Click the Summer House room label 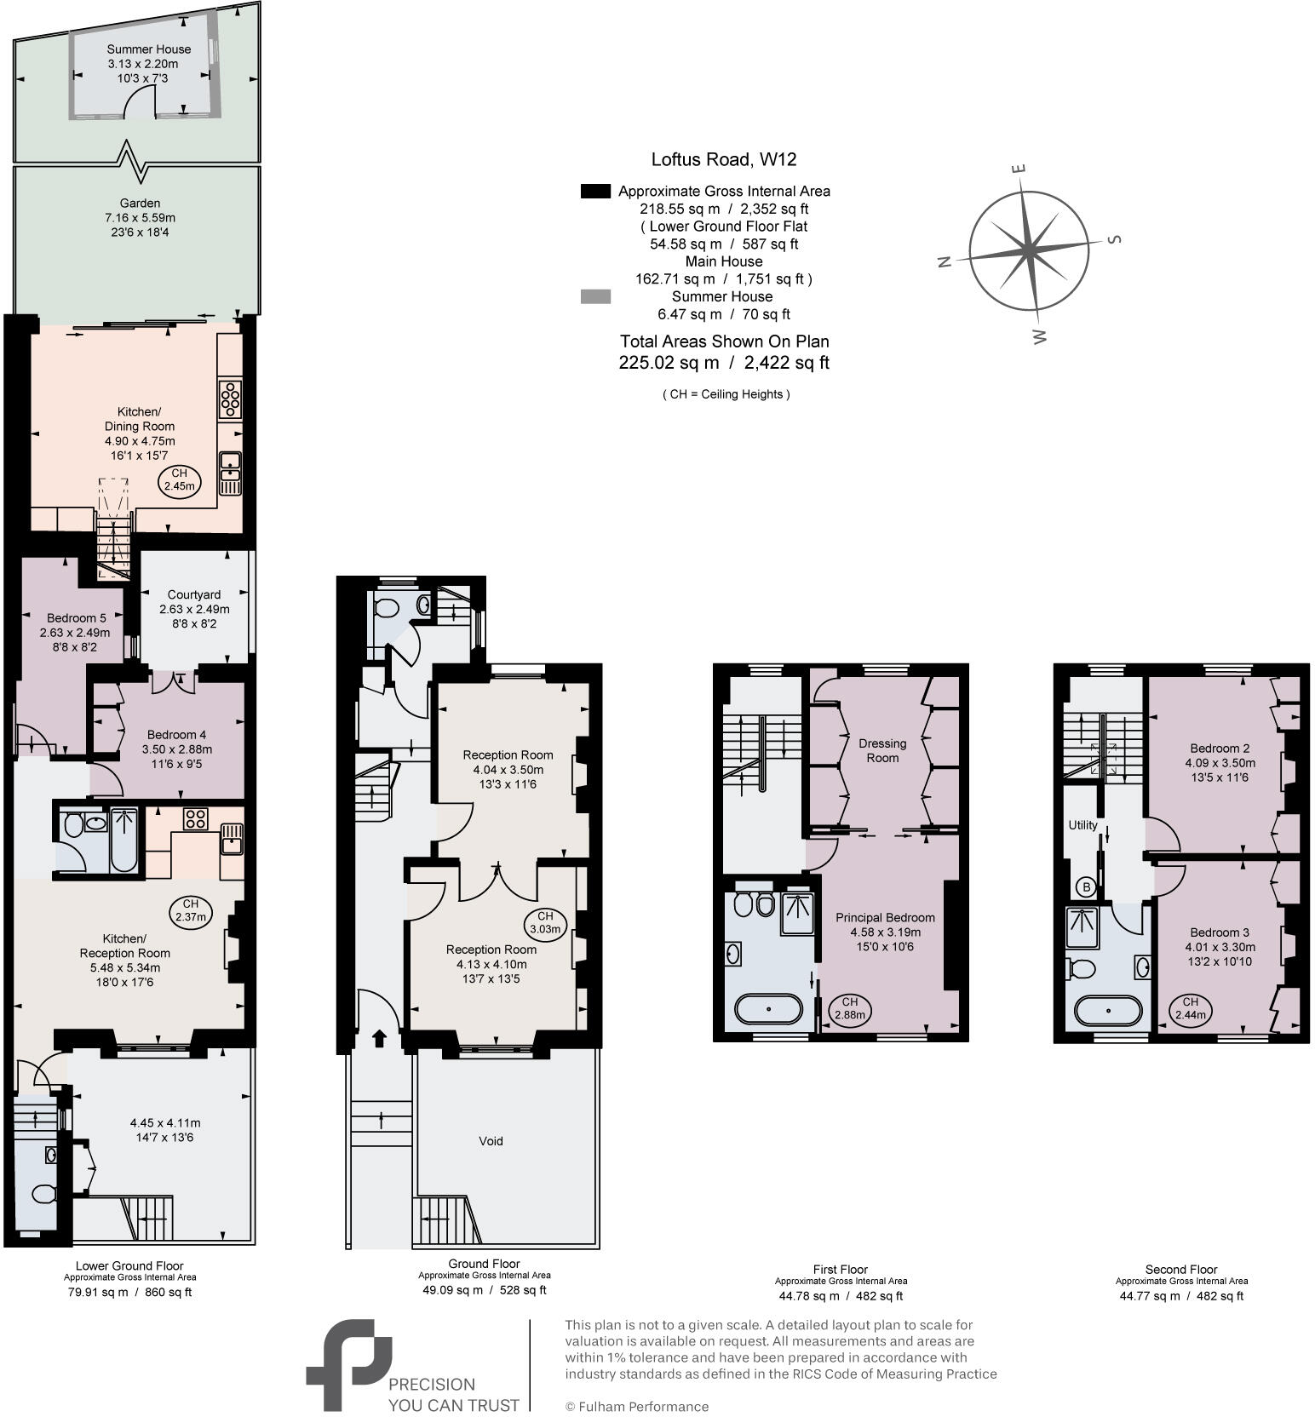click(x=149, y=49)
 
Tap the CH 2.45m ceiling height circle click(x=179, y=480)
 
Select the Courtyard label click(x=194, y=594)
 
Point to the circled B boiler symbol click(x=1086, y=886)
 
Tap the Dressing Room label click(x=882, y=750)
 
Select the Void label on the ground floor click(x=491, y=1141)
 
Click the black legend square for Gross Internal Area click(x=595, y=192)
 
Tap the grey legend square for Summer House click(x=595, y=296)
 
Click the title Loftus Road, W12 click(x=724, y=159)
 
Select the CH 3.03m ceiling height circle click(x=544, y=922)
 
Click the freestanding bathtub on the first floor click(x=768, y=1009)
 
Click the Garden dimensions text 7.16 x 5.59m click(x=140, y=218)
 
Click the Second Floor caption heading click(x=1181, y=1269)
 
